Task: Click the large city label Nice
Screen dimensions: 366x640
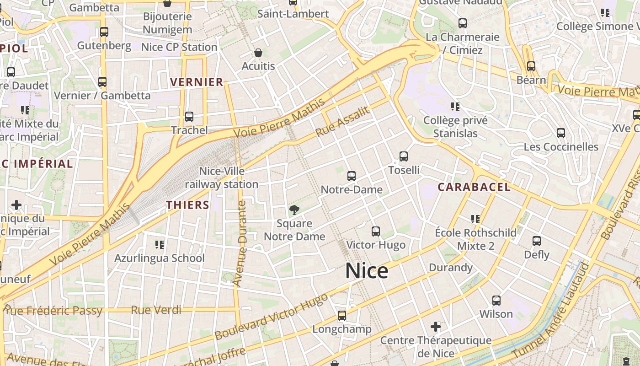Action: point(367,270)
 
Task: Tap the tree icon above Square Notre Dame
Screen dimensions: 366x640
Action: point(294,210)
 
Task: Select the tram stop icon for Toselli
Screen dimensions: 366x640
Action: point(404,156)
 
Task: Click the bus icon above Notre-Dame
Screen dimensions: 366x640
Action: point(352,176)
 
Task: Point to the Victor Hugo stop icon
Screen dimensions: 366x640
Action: point(376,231)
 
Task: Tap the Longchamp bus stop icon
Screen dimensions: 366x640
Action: point(342,316)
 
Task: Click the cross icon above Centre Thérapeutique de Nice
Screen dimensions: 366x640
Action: point(436,327)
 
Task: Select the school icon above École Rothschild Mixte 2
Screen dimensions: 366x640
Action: point(475,219)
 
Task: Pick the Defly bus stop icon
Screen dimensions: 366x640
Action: point(537,241)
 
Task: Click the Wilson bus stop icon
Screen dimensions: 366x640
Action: point(496,301)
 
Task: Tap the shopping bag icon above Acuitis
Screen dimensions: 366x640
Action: point(258,53)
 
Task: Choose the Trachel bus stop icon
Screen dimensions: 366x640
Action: point(189,117)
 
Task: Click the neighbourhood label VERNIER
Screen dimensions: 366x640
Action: point(197,82)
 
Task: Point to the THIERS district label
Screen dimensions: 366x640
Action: point(187,205)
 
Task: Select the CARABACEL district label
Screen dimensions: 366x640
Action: point(474,187)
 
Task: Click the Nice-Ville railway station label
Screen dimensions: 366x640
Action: point(222,178)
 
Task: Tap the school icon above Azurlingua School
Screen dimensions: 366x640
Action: point(159,245)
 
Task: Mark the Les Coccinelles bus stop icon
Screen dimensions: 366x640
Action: point(561,133)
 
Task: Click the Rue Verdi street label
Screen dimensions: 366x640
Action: point(156,310)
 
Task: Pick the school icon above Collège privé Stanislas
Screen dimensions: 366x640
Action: point(455,107)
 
